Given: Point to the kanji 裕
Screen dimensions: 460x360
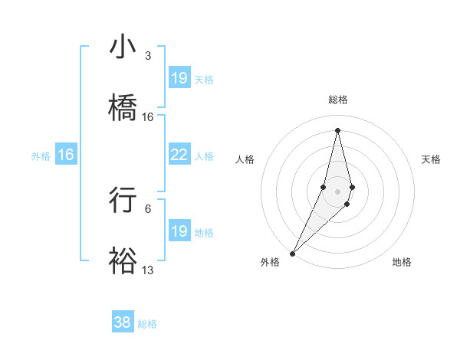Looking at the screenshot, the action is [x=123, y=260].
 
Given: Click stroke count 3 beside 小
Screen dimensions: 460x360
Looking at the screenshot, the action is [x=147, y=56].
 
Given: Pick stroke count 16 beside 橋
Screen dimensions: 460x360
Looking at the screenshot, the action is [x=148, y=117].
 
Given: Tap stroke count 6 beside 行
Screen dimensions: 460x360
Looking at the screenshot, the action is [x=147, y=208].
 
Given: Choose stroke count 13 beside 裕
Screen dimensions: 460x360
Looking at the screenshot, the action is [x=148, y=270].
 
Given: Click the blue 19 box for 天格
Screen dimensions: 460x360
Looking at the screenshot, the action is [x=179, y=77].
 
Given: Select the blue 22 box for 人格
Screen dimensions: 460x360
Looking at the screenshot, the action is [x=179, y=155].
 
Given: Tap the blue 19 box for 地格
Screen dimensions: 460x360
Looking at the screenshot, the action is [x=179, y=231].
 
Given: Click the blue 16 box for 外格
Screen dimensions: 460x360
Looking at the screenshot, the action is [x=66, y=155].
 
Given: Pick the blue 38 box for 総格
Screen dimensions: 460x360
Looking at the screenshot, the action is [x=123, y=322].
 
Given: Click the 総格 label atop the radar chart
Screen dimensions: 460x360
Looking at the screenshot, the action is [x=338, y=100].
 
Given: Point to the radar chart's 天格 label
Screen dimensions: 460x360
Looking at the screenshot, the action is [x=432, y=159].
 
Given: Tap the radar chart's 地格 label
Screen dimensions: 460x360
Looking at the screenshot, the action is [x=402, y=262].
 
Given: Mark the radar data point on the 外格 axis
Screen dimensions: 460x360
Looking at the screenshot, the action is [x=292, y=253].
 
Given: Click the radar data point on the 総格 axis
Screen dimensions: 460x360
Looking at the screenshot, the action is [x=338, y=130].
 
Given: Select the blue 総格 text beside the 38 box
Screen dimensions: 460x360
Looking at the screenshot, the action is [x=147, y=324].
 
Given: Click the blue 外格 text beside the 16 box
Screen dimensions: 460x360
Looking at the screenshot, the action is [x=41, y=156].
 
